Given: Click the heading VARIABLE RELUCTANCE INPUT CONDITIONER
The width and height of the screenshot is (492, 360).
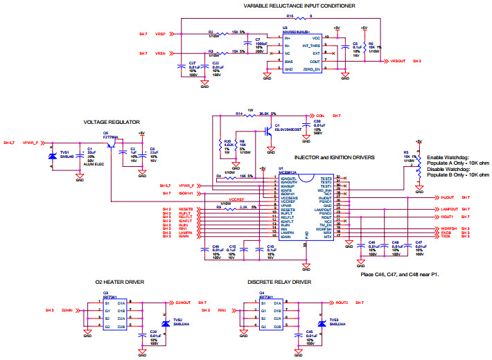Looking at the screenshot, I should point(300,6).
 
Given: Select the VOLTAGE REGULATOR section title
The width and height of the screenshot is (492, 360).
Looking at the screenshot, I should point(107,122).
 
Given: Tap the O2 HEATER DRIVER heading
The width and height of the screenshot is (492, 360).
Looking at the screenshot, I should point(121,282).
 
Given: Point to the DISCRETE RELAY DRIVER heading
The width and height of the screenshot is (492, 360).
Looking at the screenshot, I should point(278,282).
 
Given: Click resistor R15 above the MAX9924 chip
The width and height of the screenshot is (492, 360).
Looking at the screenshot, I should point(290,16).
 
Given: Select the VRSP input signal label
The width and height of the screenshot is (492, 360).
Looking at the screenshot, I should point(160,33).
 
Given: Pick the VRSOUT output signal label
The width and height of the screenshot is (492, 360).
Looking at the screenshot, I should point(398,61).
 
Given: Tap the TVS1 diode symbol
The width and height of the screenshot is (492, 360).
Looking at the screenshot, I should point(51,156).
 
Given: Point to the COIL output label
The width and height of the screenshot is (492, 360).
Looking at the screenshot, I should point(320,115).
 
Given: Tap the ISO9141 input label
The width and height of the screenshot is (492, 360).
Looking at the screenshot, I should point(186,193).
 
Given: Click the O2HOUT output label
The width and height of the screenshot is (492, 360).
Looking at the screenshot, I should point(182,303).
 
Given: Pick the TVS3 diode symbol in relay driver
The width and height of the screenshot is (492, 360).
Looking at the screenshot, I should point(322,323).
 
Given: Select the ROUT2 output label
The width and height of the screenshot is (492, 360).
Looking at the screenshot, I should point(341,303).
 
